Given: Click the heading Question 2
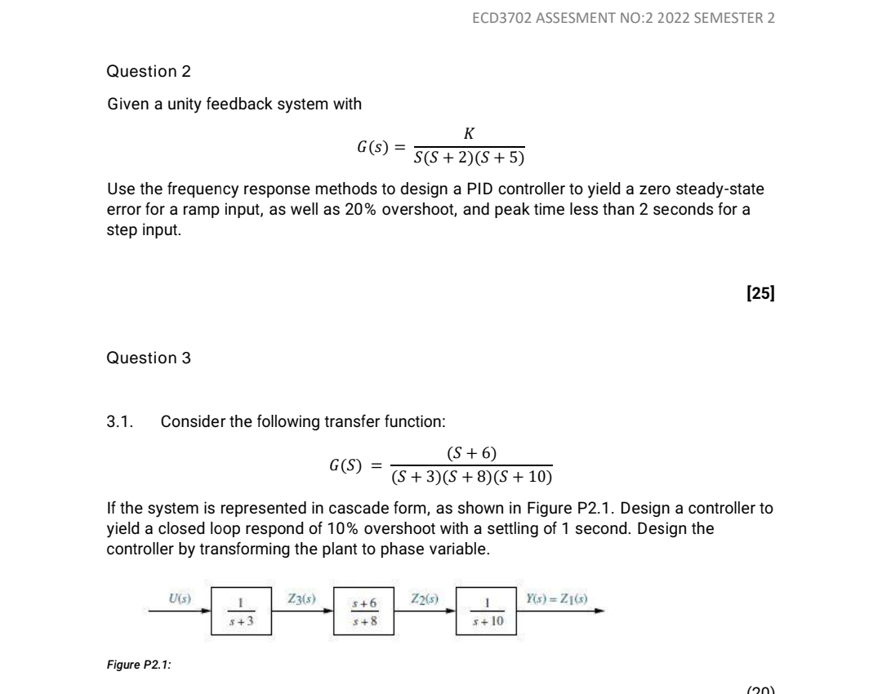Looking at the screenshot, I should pos(149,71).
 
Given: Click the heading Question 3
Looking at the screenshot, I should pos(149,358).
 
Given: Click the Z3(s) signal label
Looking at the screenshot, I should pos(303,599).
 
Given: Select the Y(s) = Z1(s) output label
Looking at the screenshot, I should pos(559,599).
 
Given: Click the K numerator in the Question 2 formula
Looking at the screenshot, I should pos(469,133).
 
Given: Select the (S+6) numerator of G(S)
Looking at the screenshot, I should pos(471,452).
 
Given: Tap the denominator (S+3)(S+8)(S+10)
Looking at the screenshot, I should pos(471,477).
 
